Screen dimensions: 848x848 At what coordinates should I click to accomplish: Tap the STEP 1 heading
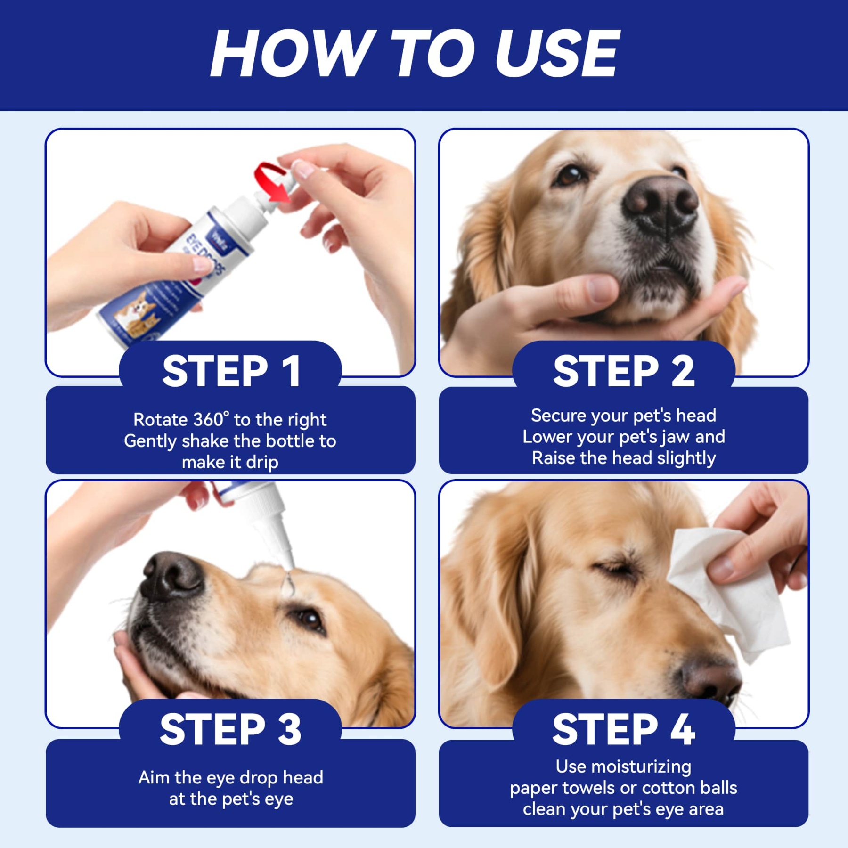[x=231, y=371]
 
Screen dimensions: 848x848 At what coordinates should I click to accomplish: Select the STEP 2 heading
[x=623, y=371]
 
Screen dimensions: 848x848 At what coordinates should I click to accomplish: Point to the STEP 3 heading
[x=231, y=729]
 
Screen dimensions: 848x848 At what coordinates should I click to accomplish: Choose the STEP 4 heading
[x=623, y=729]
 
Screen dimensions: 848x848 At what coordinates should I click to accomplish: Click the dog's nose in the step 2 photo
[x=660, y=203]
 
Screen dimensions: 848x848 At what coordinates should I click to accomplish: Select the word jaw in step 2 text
[x=675, y=437]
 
